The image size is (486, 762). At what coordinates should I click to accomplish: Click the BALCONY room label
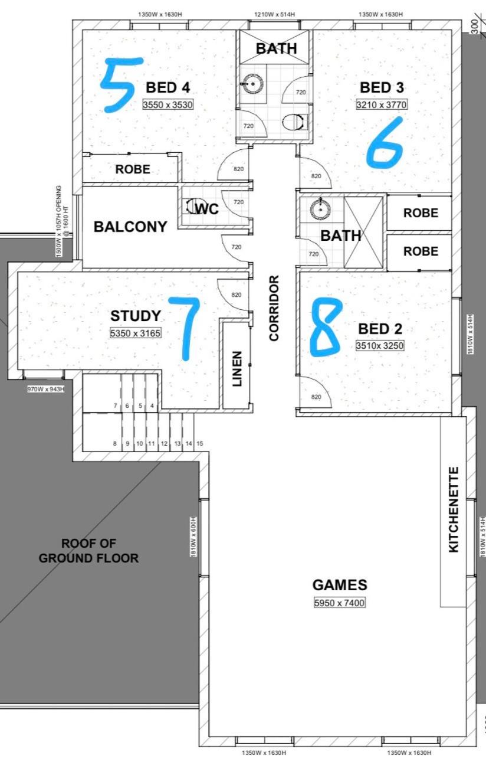(130, 227)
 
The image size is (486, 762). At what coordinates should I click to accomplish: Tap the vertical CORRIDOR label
(274, 308)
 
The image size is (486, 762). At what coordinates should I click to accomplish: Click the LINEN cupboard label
(237, 369)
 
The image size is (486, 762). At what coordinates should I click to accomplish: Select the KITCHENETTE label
(454, 509)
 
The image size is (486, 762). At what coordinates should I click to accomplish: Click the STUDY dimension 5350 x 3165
(135, 333)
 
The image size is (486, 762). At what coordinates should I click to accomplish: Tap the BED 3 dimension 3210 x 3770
(382, 104)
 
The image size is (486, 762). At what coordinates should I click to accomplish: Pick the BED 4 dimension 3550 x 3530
(168, 104)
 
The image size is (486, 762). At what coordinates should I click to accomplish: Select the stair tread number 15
(200, 444)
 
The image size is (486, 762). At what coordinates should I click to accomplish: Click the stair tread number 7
(116, 406)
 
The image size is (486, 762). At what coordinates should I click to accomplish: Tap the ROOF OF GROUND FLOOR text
(88, 551)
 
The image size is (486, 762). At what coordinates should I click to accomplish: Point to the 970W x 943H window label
(46, 389)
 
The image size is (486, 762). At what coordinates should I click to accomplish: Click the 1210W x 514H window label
(275, 14)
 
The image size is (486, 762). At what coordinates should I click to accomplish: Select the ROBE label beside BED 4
(133, 169)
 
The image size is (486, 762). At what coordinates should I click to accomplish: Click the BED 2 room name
(380, 329)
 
